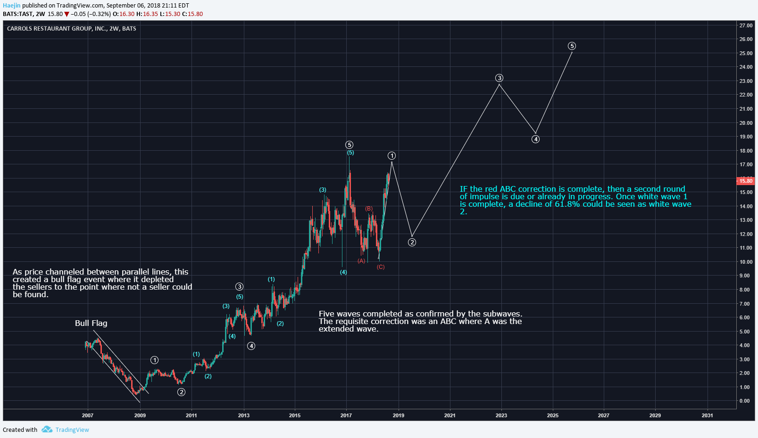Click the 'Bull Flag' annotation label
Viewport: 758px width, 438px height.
(91, 323)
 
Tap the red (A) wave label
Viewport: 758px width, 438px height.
(361, 260)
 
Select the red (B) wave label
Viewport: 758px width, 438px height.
(369, 209)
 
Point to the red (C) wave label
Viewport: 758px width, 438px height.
(381, 267)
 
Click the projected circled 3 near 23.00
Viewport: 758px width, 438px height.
(499, 78)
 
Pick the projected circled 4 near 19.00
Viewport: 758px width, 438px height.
(535, 139)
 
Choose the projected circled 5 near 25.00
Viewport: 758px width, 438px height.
(572, 46)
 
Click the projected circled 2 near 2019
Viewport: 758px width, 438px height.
(412, 242)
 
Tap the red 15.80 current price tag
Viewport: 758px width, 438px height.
(745, 181)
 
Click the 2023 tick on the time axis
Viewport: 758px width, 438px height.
(501, 415)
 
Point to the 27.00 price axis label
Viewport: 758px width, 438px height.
(746, 25)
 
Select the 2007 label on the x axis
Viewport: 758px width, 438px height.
(88, 415)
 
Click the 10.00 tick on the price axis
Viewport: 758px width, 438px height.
(746, 262)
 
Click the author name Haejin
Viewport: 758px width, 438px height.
(12, 6)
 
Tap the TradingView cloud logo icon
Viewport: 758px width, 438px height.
(47, 430)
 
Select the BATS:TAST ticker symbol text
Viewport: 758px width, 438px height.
(18, 14)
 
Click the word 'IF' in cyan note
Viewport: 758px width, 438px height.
(464, 189)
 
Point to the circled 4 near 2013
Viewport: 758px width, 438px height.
(251, 346)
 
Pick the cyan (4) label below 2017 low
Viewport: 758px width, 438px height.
(343, 272)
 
